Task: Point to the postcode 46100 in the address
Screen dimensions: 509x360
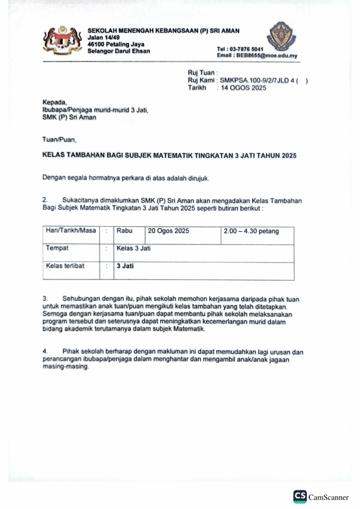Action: (x=96, y=44)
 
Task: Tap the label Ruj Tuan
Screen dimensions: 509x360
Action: (x=200, y=73)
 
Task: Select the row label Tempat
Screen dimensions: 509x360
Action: (x=57, y=248)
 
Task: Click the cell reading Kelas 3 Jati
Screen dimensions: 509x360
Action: (x=133, y=248)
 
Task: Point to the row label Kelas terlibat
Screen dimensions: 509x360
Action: (x=65, y=266)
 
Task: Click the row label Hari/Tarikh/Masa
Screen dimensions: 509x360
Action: (x=71, y=231)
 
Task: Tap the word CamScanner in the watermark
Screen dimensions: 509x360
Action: (x=329, y=498)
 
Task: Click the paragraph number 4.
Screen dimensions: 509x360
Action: (x=45, y=352)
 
